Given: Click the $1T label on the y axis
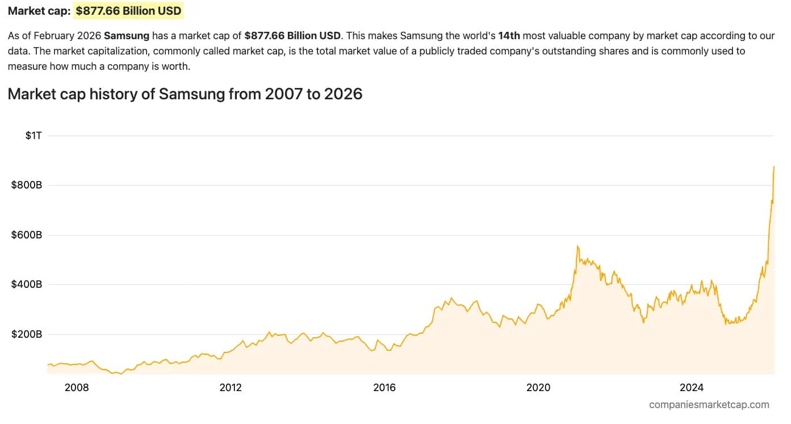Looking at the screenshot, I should [34, 136].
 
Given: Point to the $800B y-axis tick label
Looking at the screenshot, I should [27, 185].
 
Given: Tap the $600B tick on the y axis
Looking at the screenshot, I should [27, 235].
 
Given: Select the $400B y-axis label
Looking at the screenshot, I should [27, 284].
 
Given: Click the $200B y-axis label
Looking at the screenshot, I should [27, 334].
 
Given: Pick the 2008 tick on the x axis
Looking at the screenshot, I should [77, 388].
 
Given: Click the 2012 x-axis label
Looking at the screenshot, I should [231, 388].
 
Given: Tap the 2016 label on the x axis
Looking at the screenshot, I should [384, 388].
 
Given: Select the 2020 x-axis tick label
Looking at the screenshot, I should [538, 388].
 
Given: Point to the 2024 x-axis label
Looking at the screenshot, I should [692, 388].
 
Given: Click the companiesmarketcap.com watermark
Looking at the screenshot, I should [709, 405].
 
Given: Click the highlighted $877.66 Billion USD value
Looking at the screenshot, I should [128, 11].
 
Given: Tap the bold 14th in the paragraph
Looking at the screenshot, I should [509, 36].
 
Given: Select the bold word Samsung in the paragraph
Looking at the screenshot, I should [127, 36].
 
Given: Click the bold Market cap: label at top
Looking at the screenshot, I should [39, 11].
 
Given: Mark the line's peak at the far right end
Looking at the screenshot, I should [774, 167].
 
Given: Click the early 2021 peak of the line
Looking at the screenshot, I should [577, 246].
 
